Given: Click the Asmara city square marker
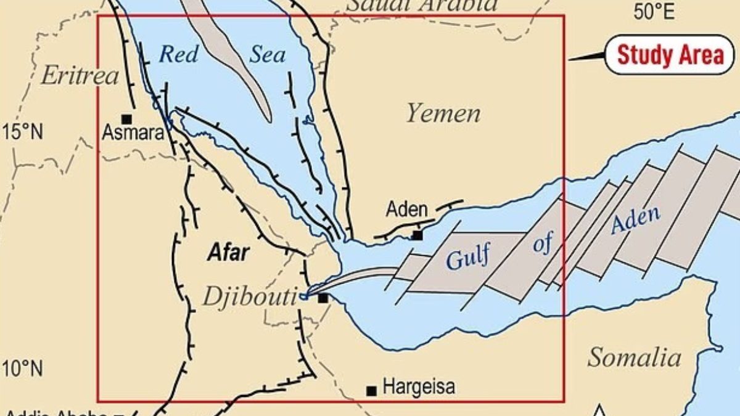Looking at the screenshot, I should click(126, 118).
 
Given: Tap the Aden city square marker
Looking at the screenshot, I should click(417, 235).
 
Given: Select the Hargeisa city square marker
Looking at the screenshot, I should click(371, 390).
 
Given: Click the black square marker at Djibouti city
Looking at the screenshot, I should click(323, 298).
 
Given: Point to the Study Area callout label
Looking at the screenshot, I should click(670, 55).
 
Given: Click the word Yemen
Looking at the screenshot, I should click(443, 114).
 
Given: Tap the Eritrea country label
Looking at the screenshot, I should click(79, 76).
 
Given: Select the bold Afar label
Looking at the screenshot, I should click(228, 253).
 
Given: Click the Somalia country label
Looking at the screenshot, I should click(634, 357).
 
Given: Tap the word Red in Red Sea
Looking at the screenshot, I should click(179, 54).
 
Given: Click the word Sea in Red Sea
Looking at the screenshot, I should click(268, 55).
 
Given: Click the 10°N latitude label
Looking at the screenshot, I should click(22, 369).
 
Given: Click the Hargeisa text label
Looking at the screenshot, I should click(419, 387).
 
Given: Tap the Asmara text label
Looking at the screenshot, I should click(134, 132).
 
